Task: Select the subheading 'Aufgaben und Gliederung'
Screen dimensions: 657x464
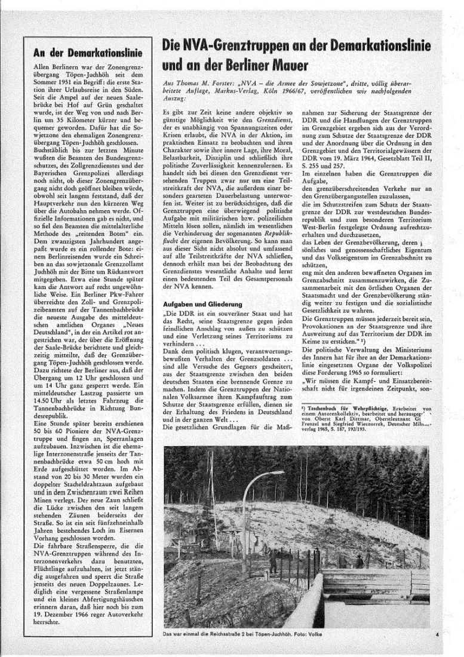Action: point(199,305)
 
